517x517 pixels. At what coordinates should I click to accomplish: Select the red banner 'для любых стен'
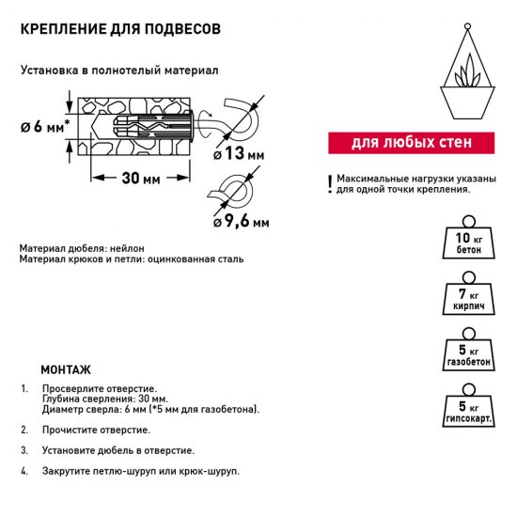tap(411, 144)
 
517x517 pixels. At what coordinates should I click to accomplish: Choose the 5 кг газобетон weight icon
tap(463, 356)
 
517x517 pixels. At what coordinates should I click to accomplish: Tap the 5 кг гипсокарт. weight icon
tap(463, 411)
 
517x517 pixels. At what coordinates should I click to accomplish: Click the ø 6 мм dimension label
tap(44, 128)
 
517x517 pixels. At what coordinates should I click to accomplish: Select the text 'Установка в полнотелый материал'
tap(118, 70)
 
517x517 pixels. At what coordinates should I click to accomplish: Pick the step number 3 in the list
tap(23, 450)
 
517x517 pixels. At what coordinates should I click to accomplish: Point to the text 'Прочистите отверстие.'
tap(94, 430)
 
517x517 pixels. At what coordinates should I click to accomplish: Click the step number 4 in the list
tap(23, 471)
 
